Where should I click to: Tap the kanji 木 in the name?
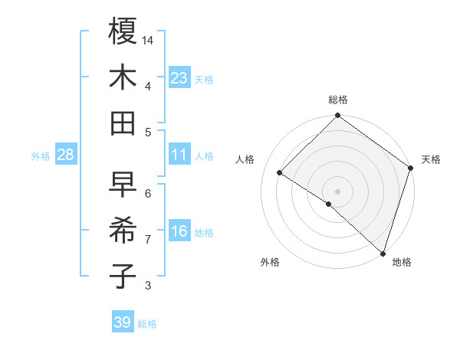tap(123, 77)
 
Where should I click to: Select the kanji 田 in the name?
tap(123, 123)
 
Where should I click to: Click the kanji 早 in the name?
tap(123, 184)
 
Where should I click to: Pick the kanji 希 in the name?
tap(123, 230)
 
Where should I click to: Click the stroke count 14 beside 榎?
tap(149, 40)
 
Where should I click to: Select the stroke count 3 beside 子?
tap(148, 286)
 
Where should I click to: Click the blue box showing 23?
tap(179, 78)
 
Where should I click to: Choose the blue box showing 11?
tap(179, 155)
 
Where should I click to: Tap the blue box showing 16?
tap(179, 232)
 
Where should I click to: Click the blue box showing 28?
tap(66, 155)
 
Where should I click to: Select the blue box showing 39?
tap(122, 322)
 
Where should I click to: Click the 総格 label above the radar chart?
tap(338, 100)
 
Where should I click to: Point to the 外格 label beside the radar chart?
tap(269, 262)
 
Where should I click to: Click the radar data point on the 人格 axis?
tap(280, 173)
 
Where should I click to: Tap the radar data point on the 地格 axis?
tap(383, 253)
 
